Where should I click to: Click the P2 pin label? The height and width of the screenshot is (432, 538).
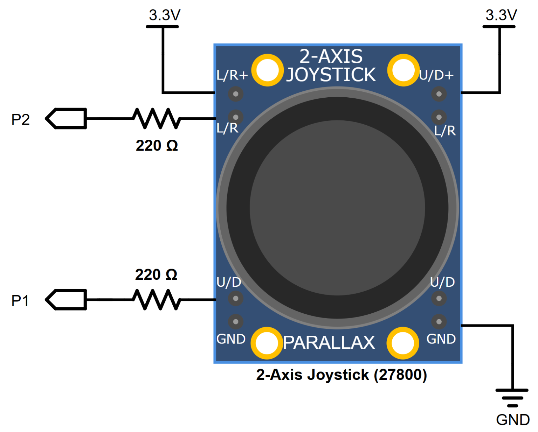pos(20,120)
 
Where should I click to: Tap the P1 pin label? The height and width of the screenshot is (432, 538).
pos(20,301)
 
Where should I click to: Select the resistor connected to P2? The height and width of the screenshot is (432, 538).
pos(157,118)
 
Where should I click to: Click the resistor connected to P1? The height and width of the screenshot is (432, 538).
pos(157,300)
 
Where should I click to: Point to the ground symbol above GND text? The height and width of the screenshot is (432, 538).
pos(512,397)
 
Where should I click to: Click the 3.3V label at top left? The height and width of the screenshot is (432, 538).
pos(164,15)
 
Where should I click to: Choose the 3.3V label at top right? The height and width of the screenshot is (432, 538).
pos(501,15)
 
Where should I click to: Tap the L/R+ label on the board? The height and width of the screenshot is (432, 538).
pos(232,75)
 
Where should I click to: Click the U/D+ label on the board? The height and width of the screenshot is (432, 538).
pos(436,75)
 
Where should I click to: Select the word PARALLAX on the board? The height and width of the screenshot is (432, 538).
pos(329,343)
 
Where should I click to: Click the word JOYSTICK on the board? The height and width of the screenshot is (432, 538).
pos(331,75)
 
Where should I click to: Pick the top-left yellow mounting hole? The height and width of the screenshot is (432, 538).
pos(267,70)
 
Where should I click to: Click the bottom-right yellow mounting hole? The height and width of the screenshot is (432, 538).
pos(403,343)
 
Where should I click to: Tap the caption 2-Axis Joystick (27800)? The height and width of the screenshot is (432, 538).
pos(342,375)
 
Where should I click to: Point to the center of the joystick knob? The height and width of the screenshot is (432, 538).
pos(337,208)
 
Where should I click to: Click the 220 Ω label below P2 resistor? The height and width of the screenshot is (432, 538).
pos(157,146)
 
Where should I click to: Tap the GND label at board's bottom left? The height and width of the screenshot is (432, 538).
pos(231,339)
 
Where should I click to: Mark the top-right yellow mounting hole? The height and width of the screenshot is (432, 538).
pos(403,70)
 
